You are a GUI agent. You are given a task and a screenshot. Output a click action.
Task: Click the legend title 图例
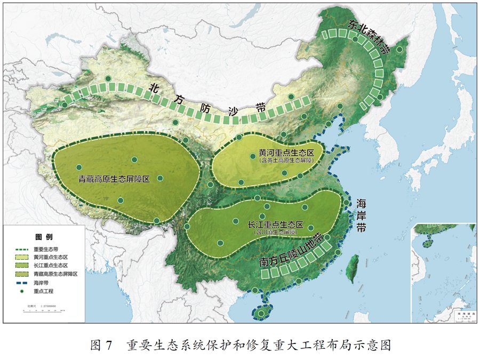[x=44, y=236]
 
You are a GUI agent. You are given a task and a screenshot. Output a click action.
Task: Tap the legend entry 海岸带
[x=40, y=282]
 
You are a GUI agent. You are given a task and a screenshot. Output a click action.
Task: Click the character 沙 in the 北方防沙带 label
[x=235, y=112]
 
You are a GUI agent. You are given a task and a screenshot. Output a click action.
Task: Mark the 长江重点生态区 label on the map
[x=275, y=225]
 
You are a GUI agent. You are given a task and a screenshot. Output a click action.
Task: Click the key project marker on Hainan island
[x=260, y=314]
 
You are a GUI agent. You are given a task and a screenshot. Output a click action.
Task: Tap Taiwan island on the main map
[x=353, y=267]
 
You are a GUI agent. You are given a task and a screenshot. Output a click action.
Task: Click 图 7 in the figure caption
[x=101, y=345]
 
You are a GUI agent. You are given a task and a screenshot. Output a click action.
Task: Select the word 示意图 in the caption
[x=374, y=345]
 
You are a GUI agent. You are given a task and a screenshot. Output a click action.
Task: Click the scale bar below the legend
[x=45, y=309]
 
